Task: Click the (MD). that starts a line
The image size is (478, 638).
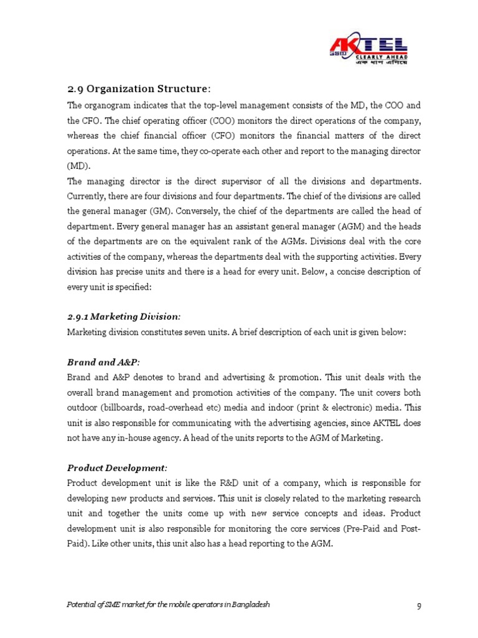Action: click(78, 166)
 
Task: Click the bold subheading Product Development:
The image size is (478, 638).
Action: click(117, 468)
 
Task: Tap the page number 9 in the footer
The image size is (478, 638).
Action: click(418, 606)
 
